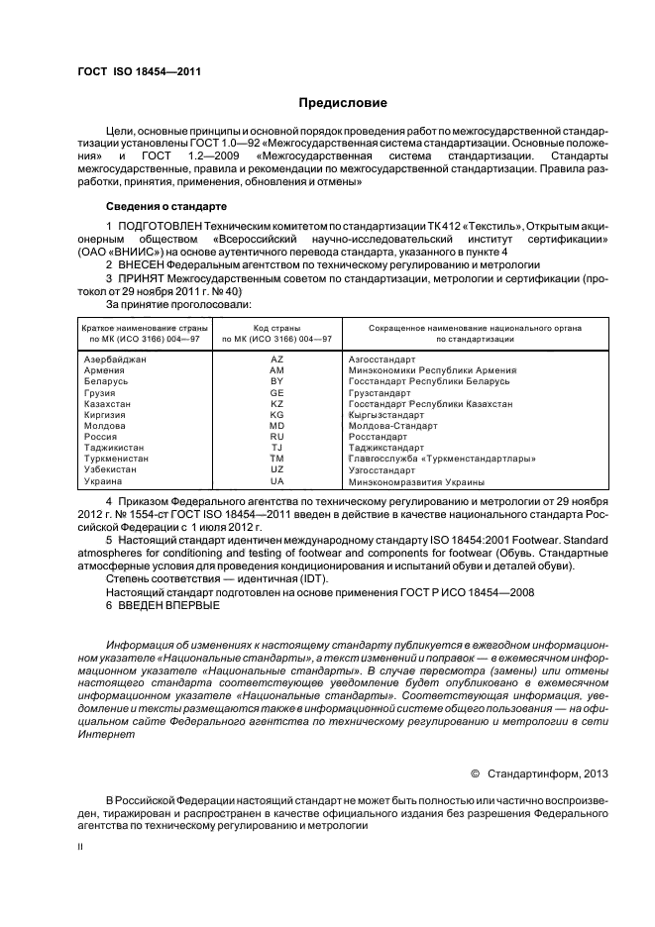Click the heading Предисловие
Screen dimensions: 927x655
[343, 102]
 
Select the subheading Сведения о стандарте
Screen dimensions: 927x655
[165, 206]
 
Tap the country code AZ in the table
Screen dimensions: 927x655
[276, 359]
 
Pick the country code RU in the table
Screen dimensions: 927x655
[276, 436]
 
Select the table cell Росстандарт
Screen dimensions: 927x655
[379, 436]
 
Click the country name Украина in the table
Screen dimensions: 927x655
[103, 481]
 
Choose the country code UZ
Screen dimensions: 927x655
[276, 469]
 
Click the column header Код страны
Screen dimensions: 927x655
[276, 327]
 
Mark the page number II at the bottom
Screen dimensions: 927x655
[81, 849]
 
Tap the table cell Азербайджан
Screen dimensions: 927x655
[114, 359]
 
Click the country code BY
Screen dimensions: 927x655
[276, 380]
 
